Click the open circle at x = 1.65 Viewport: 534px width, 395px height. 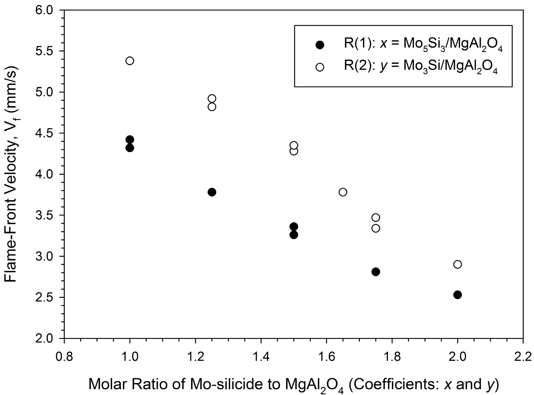click(x=343, y=192)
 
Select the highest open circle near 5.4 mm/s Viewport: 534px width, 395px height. click(x=130, y=61)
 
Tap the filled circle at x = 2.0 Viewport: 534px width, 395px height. click(x=457, y=295)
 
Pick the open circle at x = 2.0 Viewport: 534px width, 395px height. click(x=457, y=264)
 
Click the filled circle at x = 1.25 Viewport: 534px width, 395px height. click(x=212, y=192)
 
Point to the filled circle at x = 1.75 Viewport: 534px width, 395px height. click(x=376, y=272)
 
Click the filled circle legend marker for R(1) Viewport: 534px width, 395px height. click(x=320, y=45)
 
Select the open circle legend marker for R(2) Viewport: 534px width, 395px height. click(x=320, y=67)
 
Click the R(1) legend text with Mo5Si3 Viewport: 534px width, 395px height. click(x=423, y=44)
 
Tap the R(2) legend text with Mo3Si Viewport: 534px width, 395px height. click(x=420, y=66)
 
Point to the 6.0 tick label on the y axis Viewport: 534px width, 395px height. click(x=44, y=10)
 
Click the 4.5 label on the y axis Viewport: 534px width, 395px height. click(x=44, y=133)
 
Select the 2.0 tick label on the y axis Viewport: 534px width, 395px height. click(x=44, y=339)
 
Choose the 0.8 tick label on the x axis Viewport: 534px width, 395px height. click(x=64, y=357)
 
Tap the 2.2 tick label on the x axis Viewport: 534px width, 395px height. click(x=523, y=357)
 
